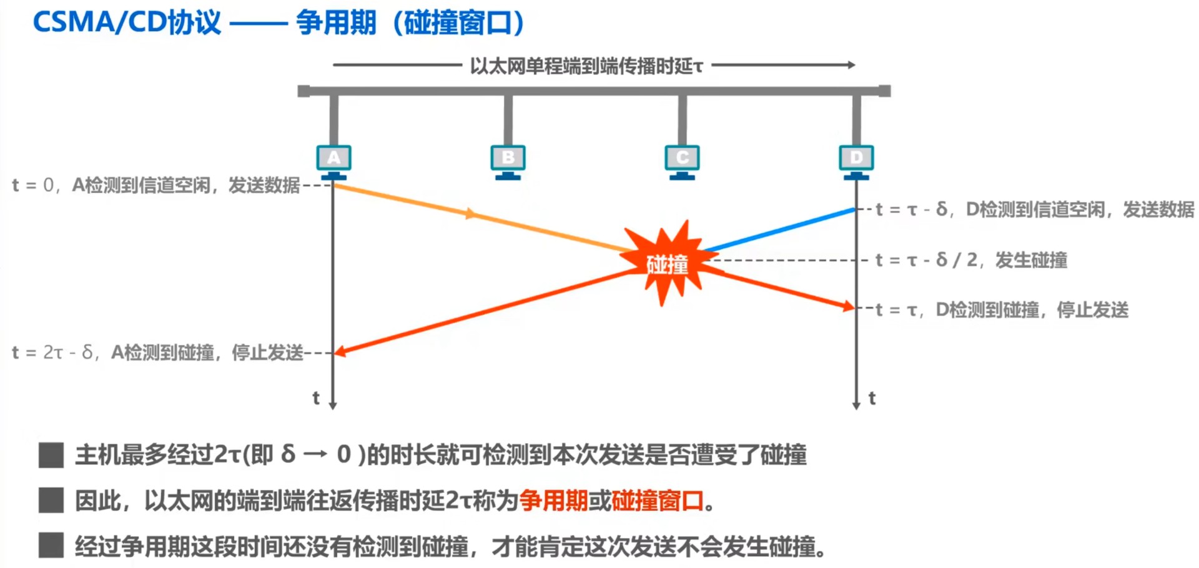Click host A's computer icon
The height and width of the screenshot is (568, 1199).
coord(333,160)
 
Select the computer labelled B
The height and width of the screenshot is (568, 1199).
coord(508,160)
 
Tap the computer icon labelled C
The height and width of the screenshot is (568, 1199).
coord(682,160)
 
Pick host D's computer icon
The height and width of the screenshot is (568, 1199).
coord(856,160)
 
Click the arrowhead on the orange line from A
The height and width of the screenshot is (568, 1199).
coord(470,214)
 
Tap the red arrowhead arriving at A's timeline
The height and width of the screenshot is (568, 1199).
coord(340,352)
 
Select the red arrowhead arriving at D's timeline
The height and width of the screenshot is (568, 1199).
coord(849,306)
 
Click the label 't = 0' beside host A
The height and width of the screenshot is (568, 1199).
coord(32,186)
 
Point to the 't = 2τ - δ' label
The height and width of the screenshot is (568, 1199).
coord(52,353)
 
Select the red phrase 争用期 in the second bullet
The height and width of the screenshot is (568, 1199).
coord(553,501)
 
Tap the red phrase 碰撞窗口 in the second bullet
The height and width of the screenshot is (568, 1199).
coord(657,501)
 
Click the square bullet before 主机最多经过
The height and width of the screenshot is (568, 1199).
coord(51,455)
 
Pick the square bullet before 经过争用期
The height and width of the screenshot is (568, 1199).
coord(51,546)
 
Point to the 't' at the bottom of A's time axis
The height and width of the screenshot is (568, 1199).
coord(316,398)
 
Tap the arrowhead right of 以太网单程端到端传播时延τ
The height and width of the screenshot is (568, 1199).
coord(851,64)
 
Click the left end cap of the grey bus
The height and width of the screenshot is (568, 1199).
coord(304,91)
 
